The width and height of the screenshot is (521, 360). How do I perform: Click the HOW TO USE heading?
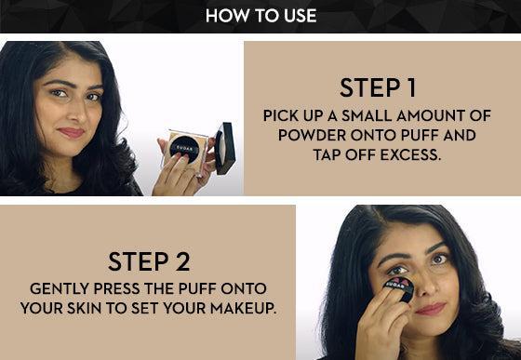tap(260, 16)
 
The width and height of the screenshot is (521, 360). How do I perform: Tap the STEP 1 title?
tap(378, 87)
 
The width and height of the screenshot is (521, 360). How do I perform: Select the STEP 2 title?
tap(149, 261)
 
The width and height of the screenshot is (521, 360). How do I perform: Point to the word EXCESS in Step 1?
tap(410, 154)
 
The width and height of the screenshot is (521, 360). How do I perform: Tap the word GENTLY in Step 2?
tap(60, 288)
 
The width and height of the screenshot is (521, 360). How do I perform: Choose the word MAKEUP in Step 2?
tap(243, 308)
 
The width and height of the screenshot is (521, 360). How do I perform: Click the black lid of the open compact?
tap(225, 148)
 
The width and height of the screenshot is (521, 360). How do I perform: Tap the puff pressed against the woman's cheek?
tap(400, 287)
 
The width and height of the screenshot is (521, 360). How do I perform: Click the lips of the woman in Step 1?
tap(72, 132)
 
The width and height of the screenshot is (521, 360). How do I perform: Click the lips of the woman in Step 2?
tap(431, 309)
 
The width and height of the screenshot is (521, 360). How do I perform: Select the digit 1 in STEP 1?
tap(411, 87)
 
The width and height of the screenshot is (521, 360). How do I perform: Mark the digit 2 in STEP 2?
tap(182, 261)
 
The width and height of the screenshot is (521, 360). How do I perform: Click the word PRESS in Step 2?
tap(116, 288)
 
